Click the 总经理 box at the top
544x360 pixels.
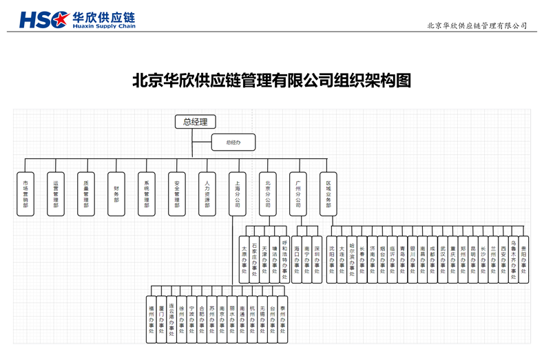click(x=195, y=123)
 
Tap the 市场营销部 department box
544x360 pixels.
click(x=25, y=193)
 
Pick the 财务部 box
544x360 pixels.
click(x=116, y=193)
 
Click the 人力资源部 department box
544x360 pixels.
click(x=207, y=193)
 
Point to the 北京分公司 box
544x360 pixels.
click(x=267, y=193)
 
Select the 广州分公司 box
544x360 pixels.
click(x=297, y=193)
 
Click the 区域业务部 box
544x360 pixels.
click(x=328, y=193)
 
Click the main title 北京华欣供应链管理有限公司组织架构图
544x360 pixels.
click(x=271, y=81)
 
